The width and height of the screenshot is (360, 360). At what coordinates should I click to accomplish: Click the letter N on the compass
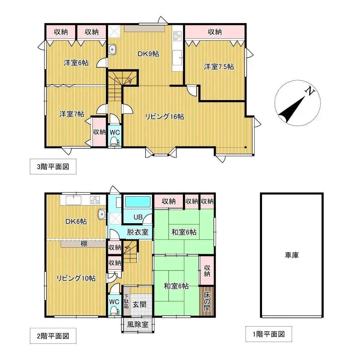(310, 91)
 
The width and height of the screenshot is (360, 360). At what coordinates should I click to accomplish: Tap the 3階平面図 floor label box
(53, 166)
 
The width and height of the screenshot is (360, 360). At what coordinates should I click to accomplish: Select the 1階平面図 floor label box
(269, 334)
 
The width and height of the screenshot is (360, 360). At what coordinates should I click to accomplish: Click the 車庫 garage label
(292, 255)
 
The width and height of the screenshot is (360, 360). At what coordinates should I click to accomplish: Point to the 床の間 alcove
(207, 301)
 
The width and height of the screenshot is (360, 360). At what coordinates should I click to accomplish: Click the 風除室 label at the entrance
(138, 324)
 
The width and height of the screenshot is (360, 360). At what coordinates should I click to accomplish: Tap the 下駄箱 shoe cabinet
(126, 301)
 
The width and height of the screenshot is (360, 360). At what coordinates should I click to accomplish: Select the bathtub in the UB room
(138, 202)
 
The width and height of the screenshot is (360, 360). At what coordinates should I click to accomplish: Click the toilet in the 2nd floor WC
(114, 311)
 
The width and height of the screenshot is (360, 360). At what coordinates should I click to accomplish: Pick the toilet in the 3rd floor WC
(114, 141)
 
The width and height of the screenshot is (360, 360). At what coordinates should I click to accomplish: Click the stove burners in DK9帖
(177, 36)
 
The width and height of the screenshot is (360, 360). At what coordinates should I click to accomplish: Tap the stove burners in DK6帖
(95, 200)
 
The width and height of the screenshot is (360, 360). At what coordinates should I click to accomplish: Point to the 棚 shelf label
(84, 244)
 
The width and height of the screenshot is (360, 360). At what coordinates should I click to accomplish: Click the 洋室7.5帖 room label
(219, 67)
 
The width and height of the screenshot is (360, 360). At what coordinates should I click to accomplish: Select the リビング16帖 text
(165, 117)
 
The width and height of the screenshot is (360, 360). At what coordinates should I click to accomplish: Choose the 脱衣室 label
(138, 232)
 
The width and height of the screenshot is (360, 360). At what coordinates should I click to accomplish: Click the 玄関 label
(140, 305)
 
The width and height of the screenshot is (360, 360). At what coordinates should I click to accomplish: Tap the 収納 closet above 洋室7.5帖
(215, 32)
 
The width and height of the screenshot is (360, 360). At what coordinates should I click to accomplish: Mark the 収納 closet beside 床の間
(207, 271)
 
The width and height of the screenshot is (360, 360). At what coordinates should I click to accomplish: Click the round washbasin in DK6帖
(101, 215)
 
